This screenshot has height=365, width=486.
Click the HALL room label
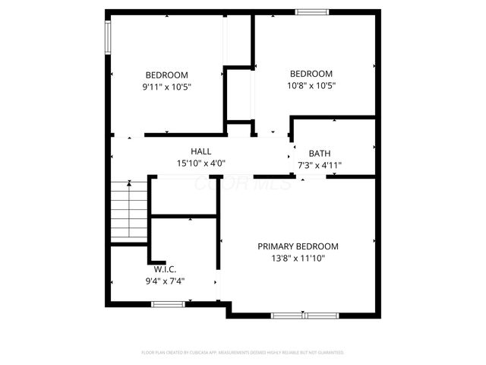point(201,151)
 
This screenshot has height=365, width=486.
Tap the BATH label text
point(319,153)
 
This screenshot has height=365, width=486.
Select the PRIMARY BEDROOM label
point(298,246)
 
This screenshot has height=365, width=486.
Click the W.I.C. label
point(165,269)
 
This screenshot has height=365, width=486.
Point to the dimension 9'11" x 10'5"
point(166,87)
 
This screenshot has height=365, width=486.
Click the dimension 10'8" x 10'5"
point(311,85)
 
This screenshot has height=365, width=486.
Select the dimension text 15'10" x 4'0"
point(201,163)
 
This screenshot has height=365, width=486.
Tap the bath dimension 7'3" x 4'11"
point(320,164)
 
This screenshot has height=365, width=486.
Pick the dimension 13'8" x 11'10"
point(298,259)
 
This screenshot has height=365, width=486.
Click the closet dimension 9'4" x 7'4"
point(165,281)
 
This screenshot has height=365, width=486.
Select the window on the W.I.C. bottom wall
point(168,304)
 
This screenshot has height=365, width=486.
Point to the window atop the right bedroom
point(312,11)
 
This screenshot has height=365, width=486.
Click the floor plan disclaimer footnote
point(243,353)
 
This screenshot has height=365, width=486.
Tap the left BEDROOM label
point(166,75)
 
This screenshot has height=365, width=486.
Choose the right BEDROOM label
point(311,73)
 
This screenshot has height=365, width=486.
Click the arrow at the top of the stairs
point(130,183)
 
